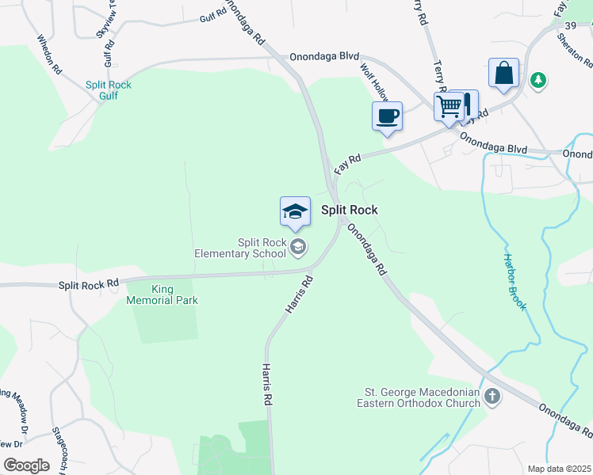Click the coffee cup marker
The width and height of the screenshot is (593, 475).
tap(387, 116)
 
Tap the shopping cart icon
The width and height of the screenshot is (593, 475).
tap(449, 105)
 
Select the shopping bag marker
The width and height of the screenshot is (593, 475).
tap(503, 73)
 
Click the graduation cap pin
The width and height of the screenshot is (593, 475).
tap(295, 211)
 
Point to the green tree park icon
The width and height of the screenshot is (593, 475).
tap(538, 80)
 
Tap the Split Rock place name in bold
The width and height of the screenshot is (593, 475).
tap(349, 210)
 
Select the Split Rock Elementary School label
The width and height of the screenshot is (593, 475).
tap(240, 248)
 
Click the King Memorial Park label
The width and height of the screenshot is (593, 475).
tap(162, 294)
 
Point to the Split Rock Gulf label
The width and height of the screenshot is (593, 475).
tap(109, 90)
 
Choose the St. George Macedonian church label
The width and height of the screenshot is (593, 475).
tap(422, 397)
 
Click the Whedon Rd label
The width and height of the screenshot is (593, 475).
tap(49, 54)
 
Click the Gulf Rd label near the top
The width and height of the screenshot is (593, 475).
tap(213, 17)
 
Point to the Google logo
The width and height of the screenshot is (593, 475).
tap(27, 465)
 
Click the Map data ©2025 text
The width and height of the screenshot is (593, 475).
tap(559, 469)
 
